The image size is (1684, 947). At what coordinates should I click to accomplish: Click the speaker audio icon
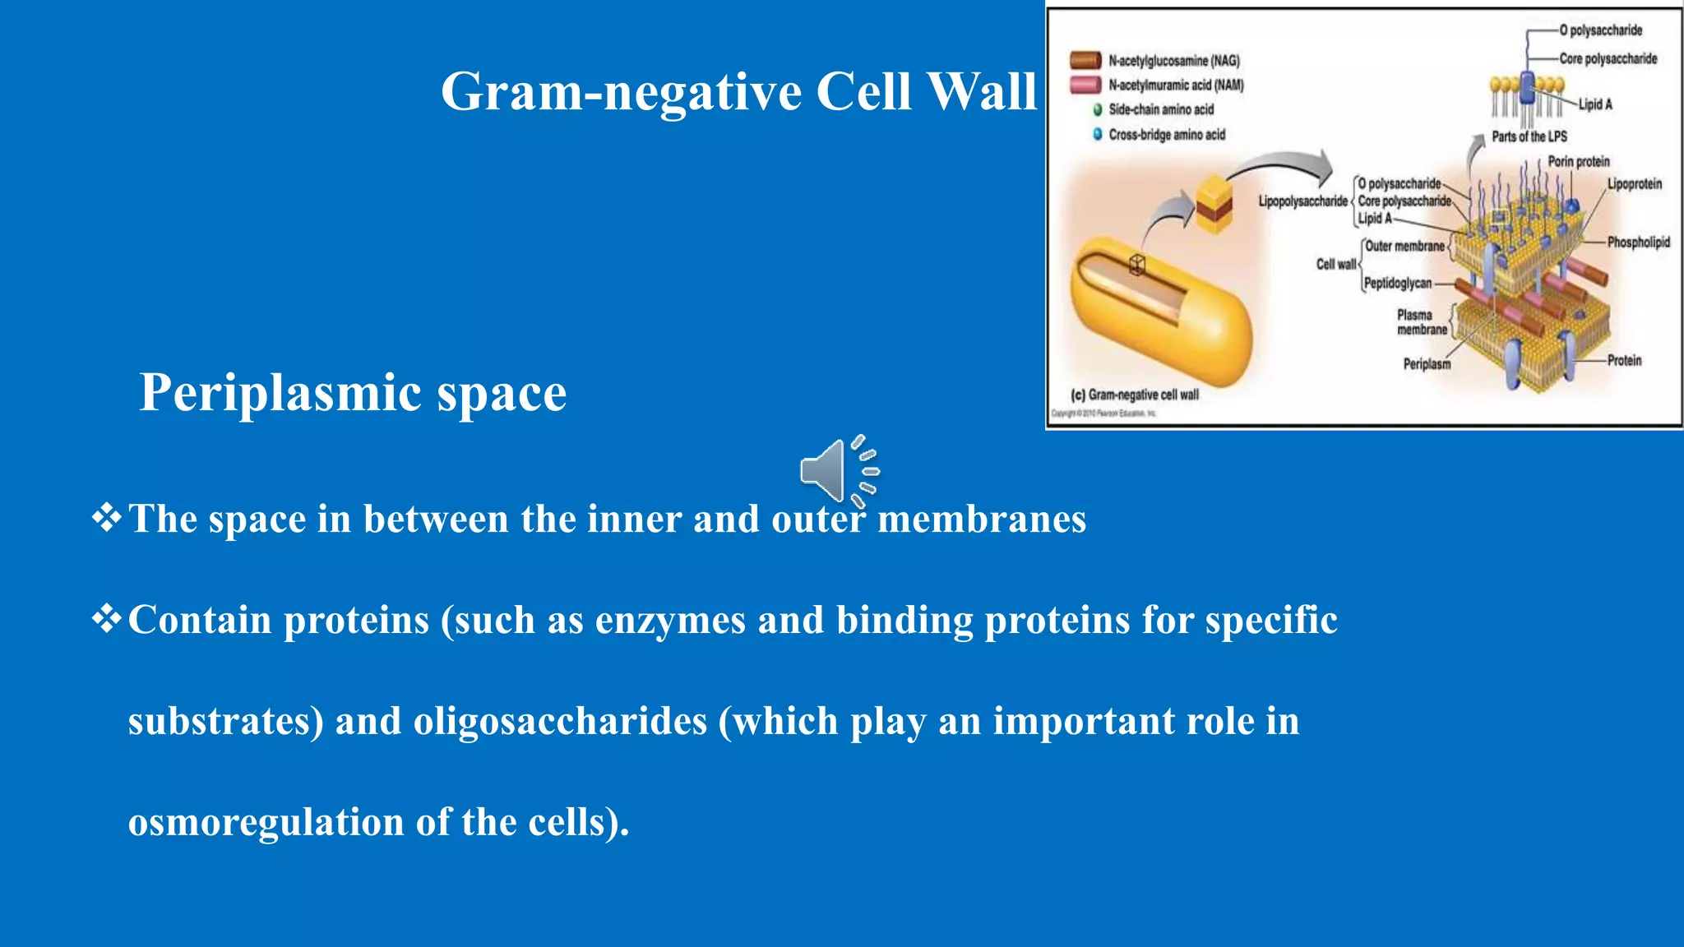(839, 471)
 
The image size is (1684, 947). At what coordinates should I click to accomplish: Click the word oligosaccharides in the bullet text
(560, 722)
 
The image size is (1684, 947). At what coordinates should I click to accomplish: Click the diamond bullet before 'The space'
(106, 518)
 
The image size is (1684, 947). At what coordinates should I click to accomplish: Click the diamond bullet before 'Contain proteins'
(106, 618)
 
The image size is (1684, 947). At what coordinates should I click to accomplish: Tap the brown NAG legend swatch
(1085, 60)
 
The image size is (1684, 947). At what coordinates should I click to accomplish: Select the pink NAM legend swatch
(1085, 85)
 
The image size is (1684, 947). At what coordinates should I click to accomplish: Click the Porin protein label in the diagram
(1579, 161)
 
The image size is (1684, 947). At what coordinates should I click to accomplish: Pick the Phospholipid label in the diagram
(1638, 242)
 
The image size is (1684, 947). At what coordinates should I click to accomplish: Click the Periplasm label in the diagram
(1427, 363)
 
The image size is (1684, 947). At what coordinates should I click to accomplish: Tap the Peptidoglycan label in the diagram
(1398, 283)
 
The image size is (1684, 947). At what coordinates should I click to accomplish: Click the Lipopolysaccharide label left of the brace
(1302, 201)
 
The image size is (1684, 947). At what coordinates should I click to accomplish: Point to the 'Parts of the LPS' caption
(1529, 136)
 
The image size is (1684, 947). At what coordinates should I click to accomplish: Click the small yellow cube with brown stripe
(1214, 202)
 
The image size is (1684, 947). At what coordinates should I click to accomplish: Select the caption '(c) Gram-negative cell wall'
(1135, 395)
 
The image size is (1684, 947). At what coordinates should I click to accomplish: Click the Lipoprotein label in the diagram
(1635, 184)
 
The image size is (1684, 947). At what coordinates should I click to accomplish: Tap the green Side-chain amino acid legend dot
(1097, 110)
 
